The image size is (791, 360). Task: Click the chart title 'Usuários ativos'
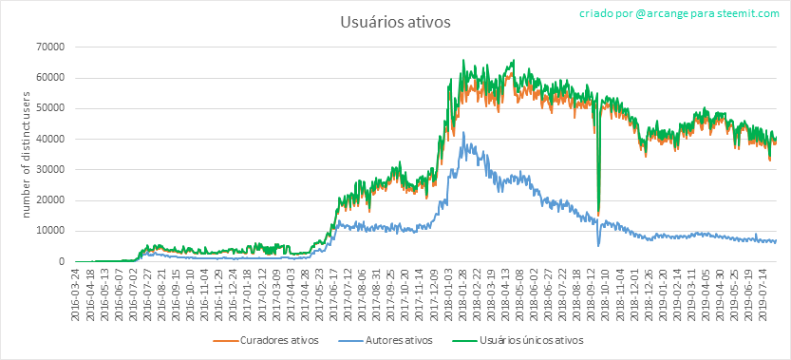(395, 23)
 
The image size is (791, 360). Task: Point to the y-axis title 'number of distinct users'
(27, 155)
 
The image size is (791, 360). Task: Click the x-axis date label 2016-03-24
(75, 293)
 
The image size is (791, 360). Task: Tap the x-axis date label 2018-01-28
(463, 293)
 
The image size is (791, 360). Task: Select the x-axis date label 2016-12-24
(233, 293)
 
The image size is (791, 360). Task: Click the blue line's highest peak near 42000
(463, 132)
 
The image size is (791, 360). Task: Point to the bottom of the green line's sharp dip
(598, 214)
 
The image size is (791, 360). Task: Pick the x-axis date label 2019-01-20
(667, 293)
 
